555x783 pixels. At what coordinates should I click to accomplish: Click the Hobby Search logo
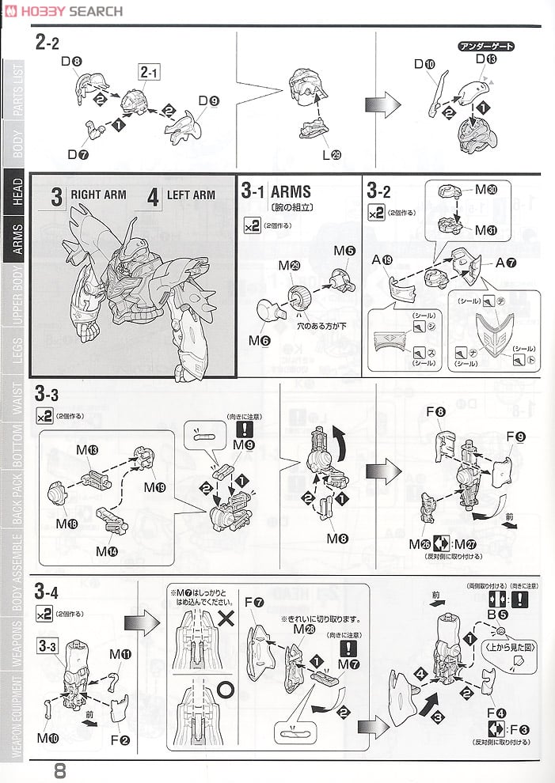(x=63, y=11)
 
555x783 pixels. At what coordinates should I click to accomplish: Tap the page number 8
(x=60, y=769)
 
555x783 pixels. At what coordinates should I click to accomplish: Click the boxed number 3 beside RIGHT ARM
(x=56, y=195)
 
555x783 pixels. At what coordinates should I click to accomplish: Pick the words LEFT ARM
(x=192, y=195)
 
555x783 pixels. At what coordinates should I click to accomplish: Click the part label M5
(x=344, y=251)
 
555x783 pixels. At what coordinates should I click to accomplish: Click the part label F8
(x=435, y=411)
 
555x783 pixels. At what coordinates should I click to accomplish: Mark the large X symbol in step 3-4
(x=226, y=617)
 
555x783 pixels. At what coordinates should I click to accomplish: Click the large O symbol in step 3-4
(x=226, y=688)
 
